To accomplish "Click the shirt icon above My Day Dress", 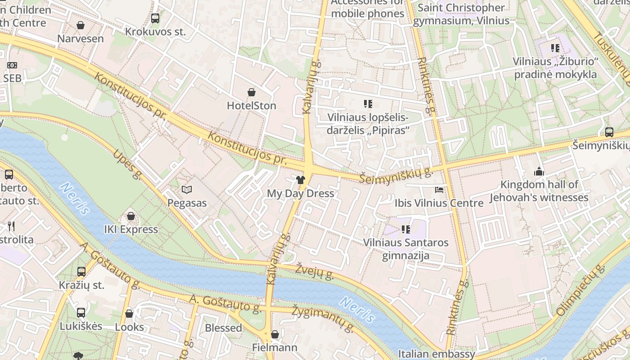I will [x=301, y=180].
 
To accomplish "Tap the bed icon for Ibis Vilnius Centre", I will [x=439, y=190].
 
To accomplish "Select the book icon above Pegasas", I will [x=187, y=190].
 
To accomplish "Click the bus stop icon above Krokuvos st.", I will [x=155, y=18].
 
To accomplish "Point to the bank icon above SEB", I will [x=12, y=65].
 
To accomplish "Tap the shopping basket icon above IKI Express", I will [x=131, y=216].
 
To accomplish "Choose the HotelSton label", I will [x=252, y=106].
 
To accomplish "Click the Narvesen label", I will [x=81, y=39].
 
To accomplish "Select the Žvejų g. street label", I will [x=315, y=271].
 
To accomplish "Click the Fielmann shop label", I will [x=274, y=347].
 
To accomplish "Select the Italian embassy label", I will [x=436, y=354].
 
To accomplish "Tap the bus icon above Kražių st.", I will [x=81, y=272].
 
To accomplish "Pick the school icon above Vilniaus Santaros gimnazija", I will [x=406, y=229].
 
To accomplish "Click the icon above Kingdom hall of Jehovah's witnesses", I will [x=539, y=171].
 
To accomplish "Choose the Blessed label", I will [x=223, y=328].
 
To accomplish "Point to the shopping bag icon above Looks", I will [x=129, y=314].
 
